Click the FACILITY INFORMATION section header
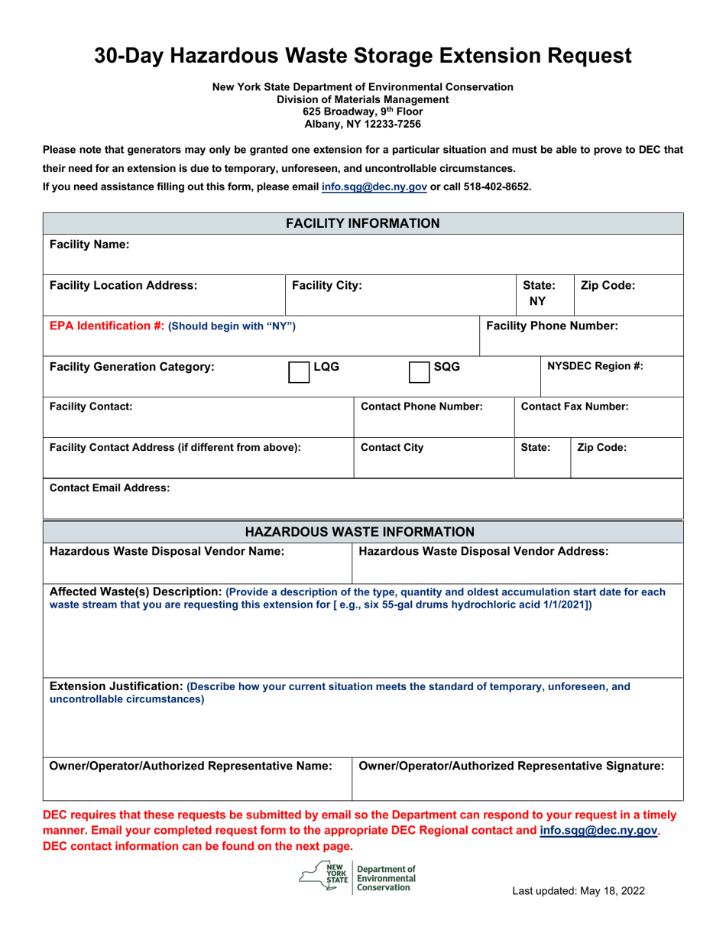point(363,223)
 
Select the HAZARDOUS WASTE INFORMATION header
point(363,531)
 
